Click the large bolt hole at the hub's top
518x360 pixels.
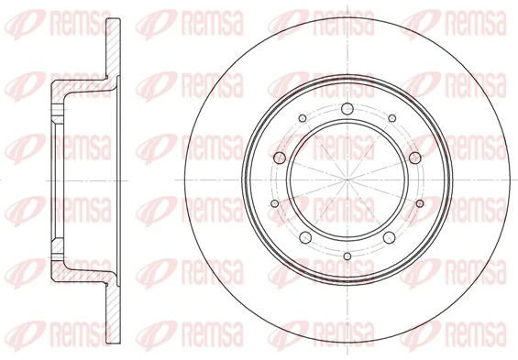(347, 112)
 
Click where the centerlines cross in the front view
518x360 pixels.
(347, 180)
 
